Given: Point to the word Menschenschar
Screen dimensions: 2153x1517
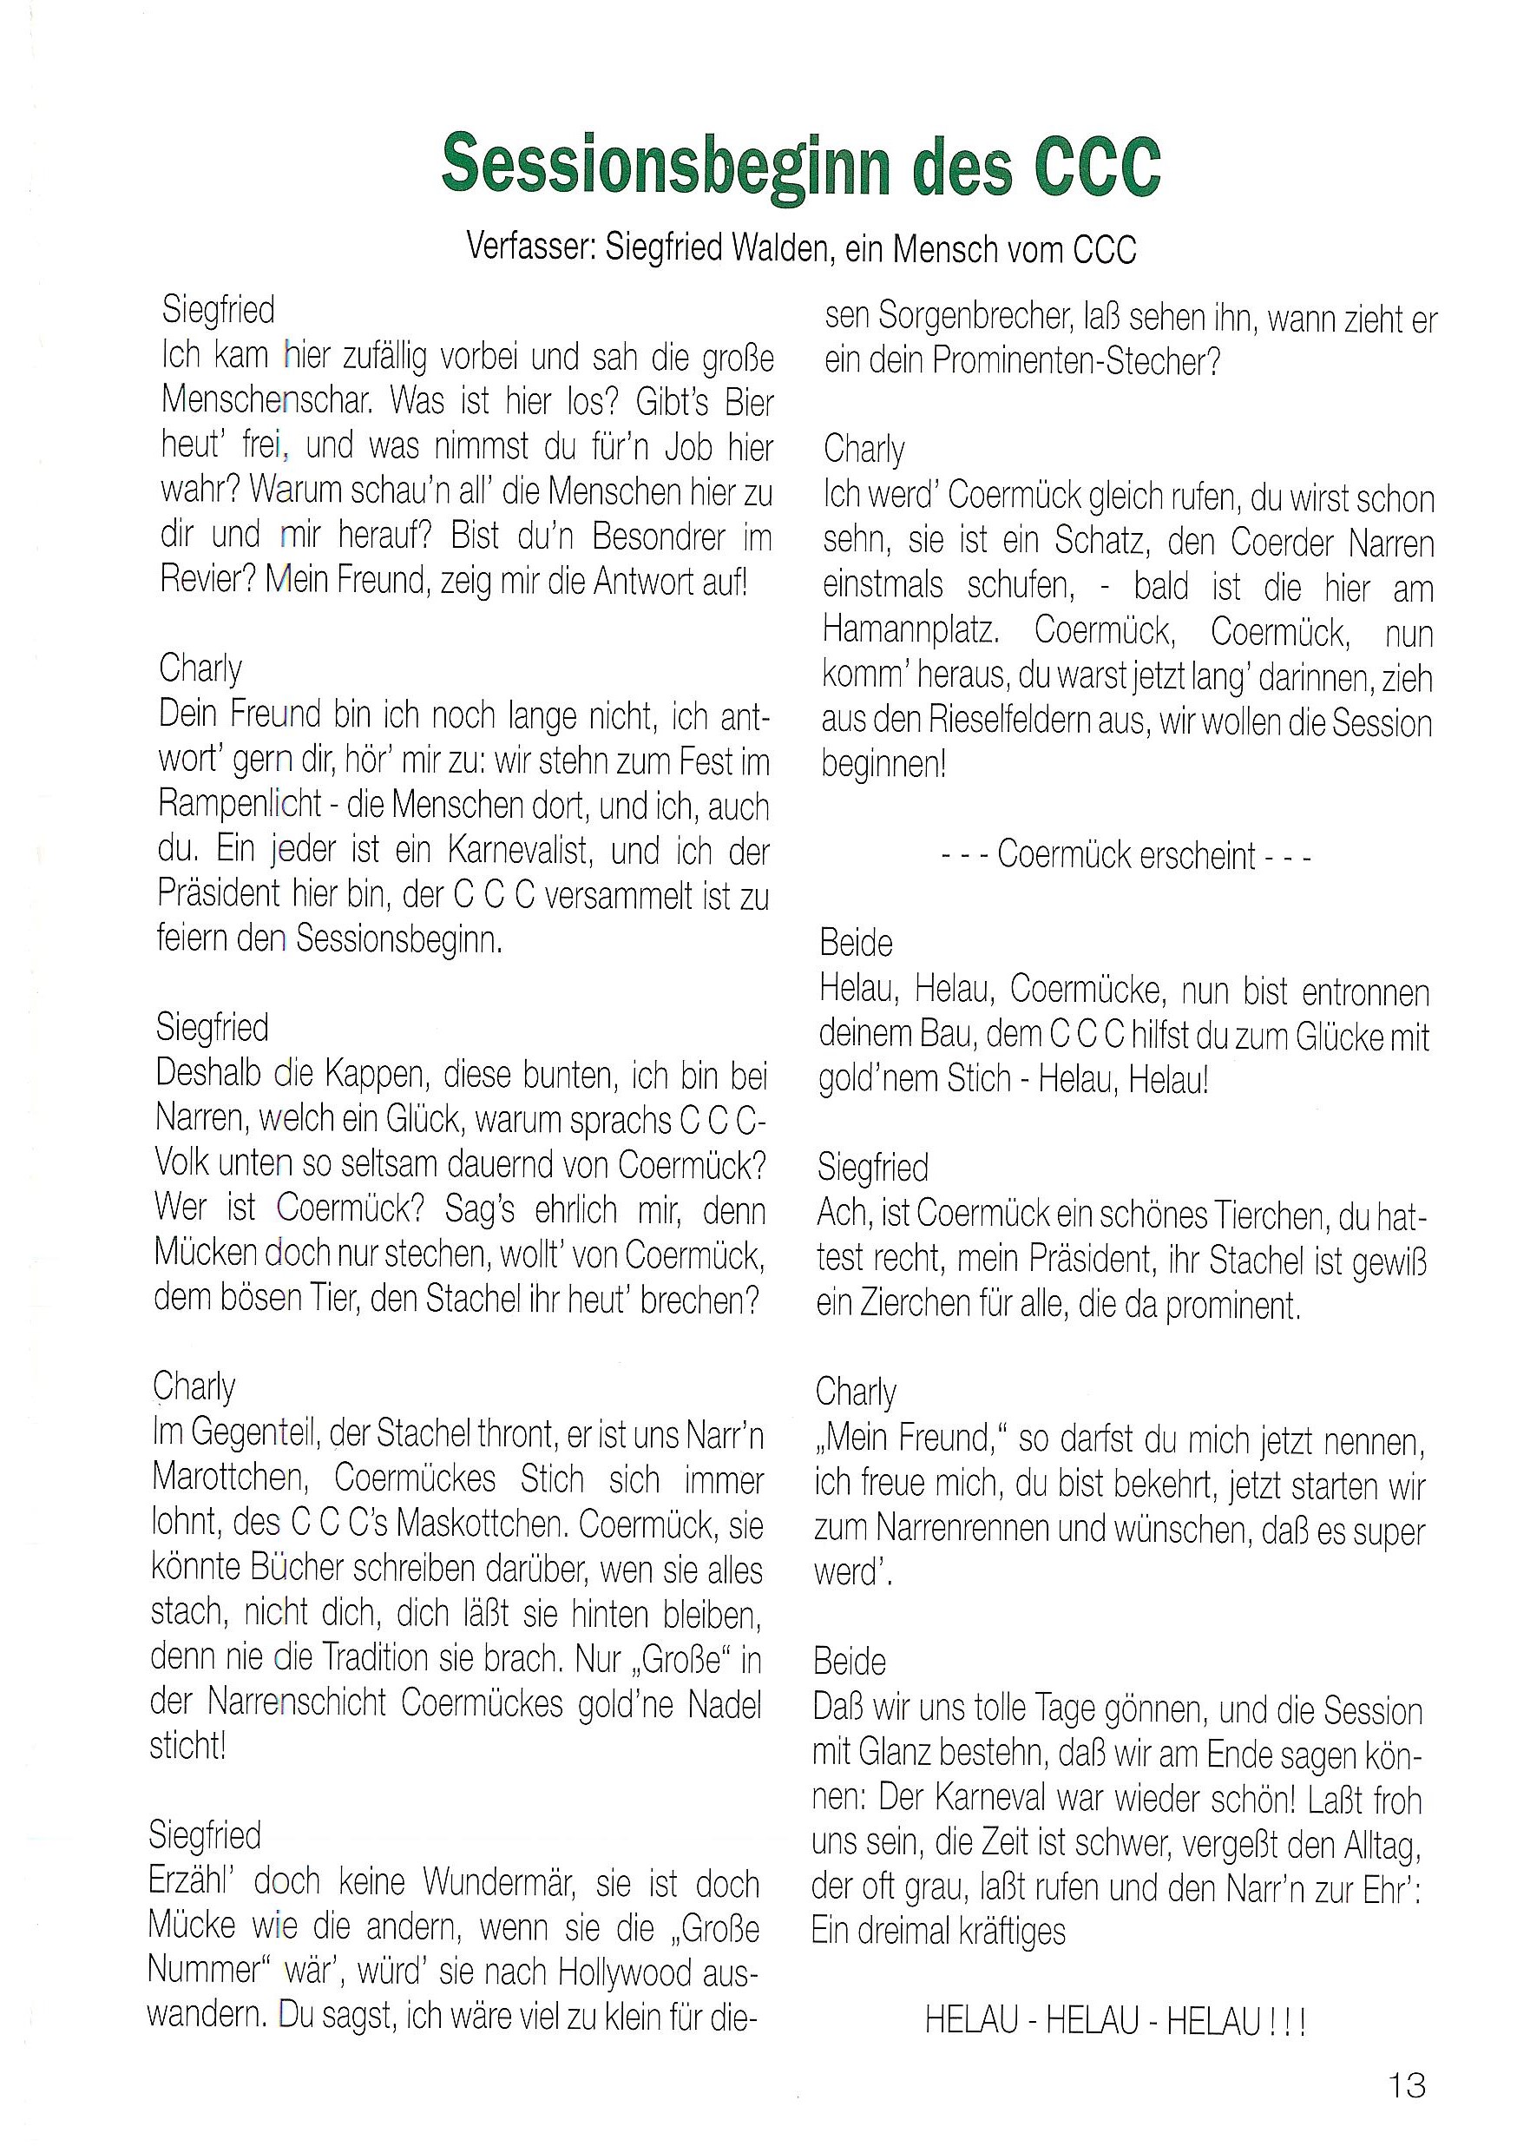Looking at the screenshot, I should click(x=267, y=400).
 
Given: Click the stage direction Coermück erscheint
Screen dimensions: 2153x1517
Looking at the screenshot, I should click(x=1125, y=855).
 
